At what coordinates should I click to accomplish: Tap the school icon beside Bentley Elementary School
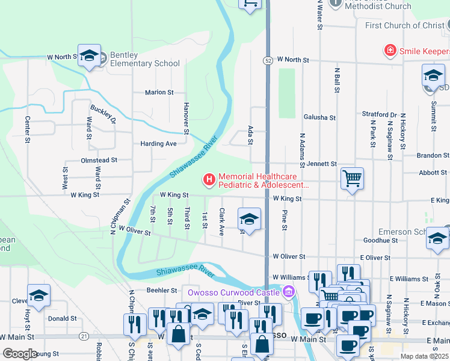click(89, 56)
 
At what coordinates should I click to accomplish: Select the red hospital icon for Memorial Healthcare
click(209, 179)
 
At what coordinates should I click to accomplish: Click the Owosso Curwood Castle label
click(233, 292)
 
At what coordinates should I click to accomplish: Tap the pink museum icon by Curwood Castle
click(289, 292)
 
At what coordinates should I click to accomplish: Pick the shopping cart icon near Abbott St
click(352, 177)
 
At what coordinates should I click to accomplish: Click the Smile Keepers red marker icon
click(390, 49)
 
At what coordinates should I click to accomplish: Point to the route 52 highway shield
click(267, 60)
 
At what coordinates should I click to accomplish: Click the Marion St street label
click(159, 93)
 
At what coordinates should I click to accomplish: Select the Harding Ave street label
click(158, 144)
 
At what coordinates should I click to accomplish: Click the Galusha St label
click(319, 118)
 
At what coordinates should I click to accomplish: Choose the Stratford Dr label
click(379, 114)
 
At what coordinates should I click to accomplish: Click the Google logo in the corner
click(20, 354)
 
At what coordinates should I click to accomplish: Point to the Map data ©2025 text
click(424, 356)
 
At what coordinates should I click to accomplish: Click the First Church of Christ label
click(405, 25)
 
